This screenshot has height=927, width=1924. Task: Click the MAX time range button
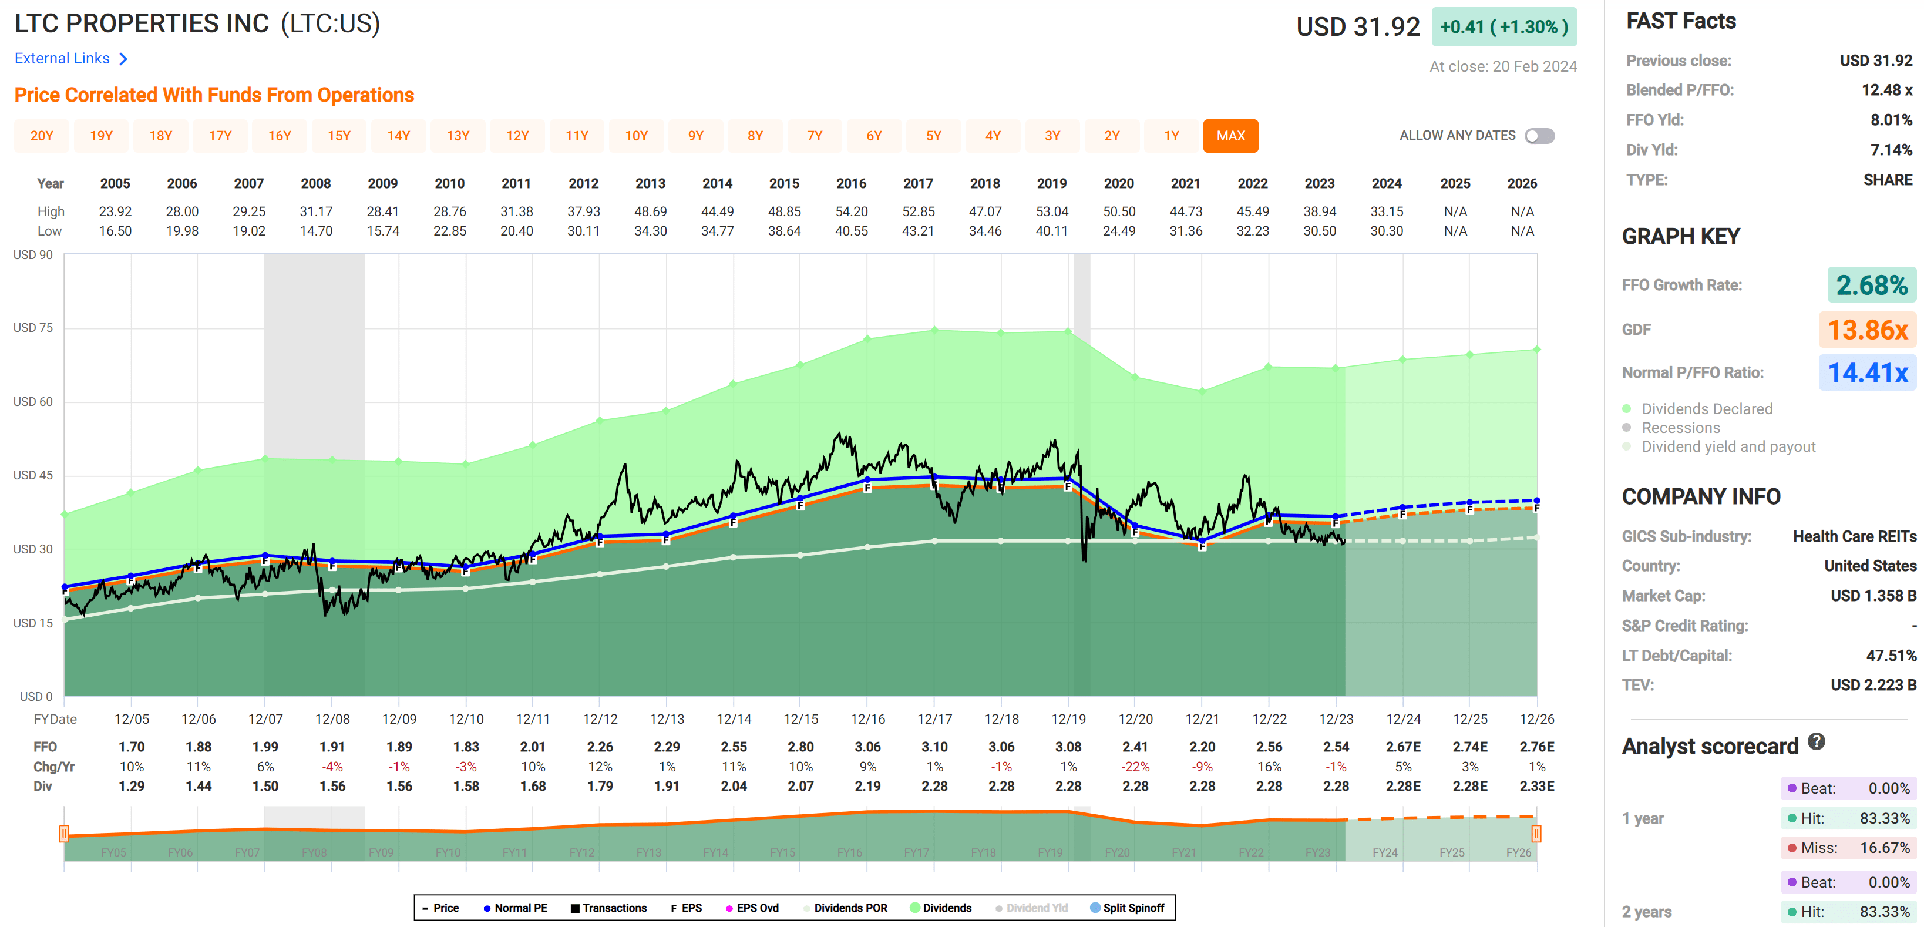tap(1230, 136)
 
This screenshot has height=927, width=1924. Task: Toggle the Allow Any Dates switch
tap(1539, 136)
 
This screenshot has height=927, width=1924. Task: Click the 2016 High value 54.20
tap(851, 211)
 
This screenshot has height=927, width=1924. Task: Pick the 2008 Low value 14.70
tap(315, 231)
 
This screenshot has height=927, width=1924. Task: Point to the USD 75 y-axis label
tap(33, 328)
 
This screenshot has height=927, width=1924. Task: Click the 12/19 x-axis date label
tap(1068, 718)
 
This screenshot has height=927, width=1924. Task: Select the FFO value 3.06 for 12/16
tap(867, 746)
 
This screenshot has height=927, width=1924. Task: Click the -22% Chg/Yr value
tap(1135, 767)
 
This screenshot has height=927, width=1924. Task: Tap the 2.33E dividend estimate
tap(1536, 786)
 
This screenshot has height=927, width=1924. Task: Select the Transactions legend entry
tap(608, 908)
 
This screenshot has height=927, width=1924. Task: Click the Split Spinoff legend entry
tap(1127, 908)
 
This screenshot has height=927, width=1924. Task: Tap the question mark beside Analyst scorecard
tap(1817, 742)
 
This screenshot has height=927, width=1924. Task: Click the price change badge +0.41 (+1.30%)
tap(1503, 27)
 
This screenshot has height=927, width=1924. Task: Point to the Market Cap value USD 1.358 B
tap(1872, 595)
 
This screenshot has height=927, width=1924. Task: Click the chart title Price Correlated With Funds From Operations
tap(214, 95)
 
